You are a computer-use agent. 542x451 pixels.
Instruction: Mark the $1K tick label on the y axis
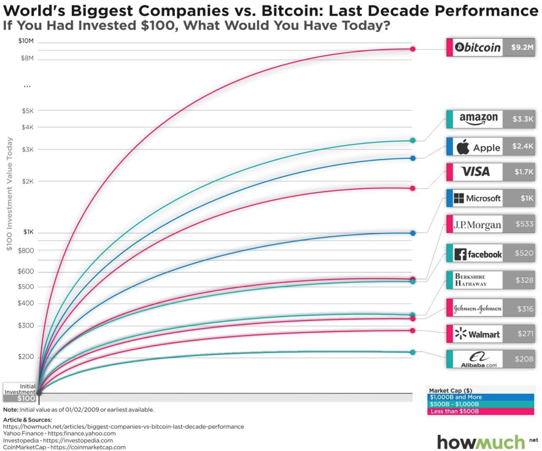point(28,232)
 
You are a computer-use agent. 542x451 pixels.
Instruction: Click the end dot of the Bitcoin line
point(413,49)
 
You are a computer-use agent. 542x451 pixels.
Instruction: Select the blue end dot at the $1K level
point(413,233)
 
